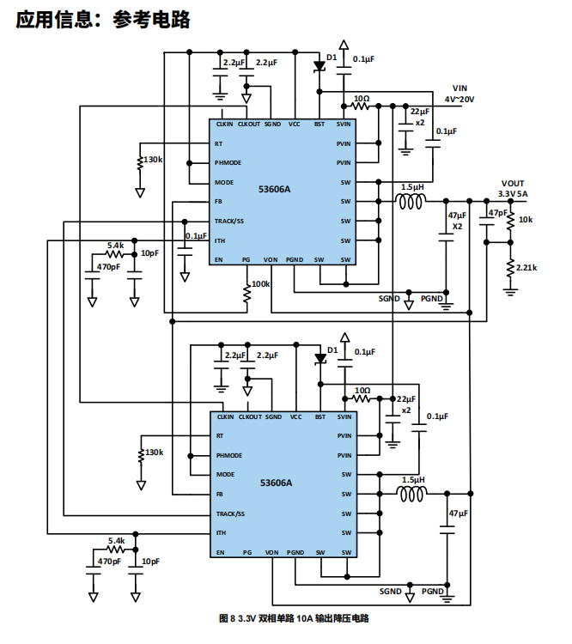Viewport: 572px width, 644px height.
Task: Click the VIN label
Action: coord(461,88)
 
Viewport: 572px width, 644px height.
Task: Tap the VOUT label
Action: coord(513,183)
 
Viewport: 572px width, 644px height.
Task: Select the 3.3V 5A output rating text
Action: coord(513,194)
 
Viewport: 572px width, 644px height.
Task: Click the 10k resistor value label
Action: coord(526,220)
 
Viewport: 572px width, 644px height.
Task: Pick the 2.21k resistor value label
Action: coord(526,267)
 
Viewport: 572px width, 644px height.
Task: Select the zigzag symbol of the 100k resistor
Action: coord(247,295)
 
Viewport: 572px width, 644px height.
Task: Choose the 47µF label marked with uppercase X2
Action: coord(457,221)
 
